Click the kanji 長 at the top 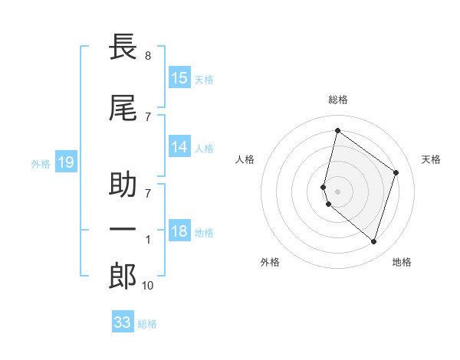click(123, 47)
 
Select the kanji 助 click(123, 186)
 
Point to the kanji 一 click(123, 231)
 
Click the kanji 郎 click(123, 277)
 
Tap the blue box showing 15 click(179, 78)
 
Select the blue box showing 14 click(179, 148)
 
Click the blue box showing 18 click(179, 232)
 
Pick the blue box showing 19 click(65, 162)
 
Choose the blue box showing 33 click(122, 322)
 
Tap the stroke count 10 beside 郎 click(147, 286)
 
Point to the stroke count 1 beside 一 click(147, 240)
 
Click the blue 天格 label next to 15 click(204, 79)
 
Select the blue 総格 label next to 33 click(147, 324)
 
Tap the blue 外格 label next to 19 click(41, 163)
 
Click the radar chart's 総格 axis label click(338, 100)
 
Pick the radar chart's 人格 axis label click(245, 159)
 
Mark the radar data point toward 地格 click(373, 242)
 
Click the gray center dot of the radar click(338, 190)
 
